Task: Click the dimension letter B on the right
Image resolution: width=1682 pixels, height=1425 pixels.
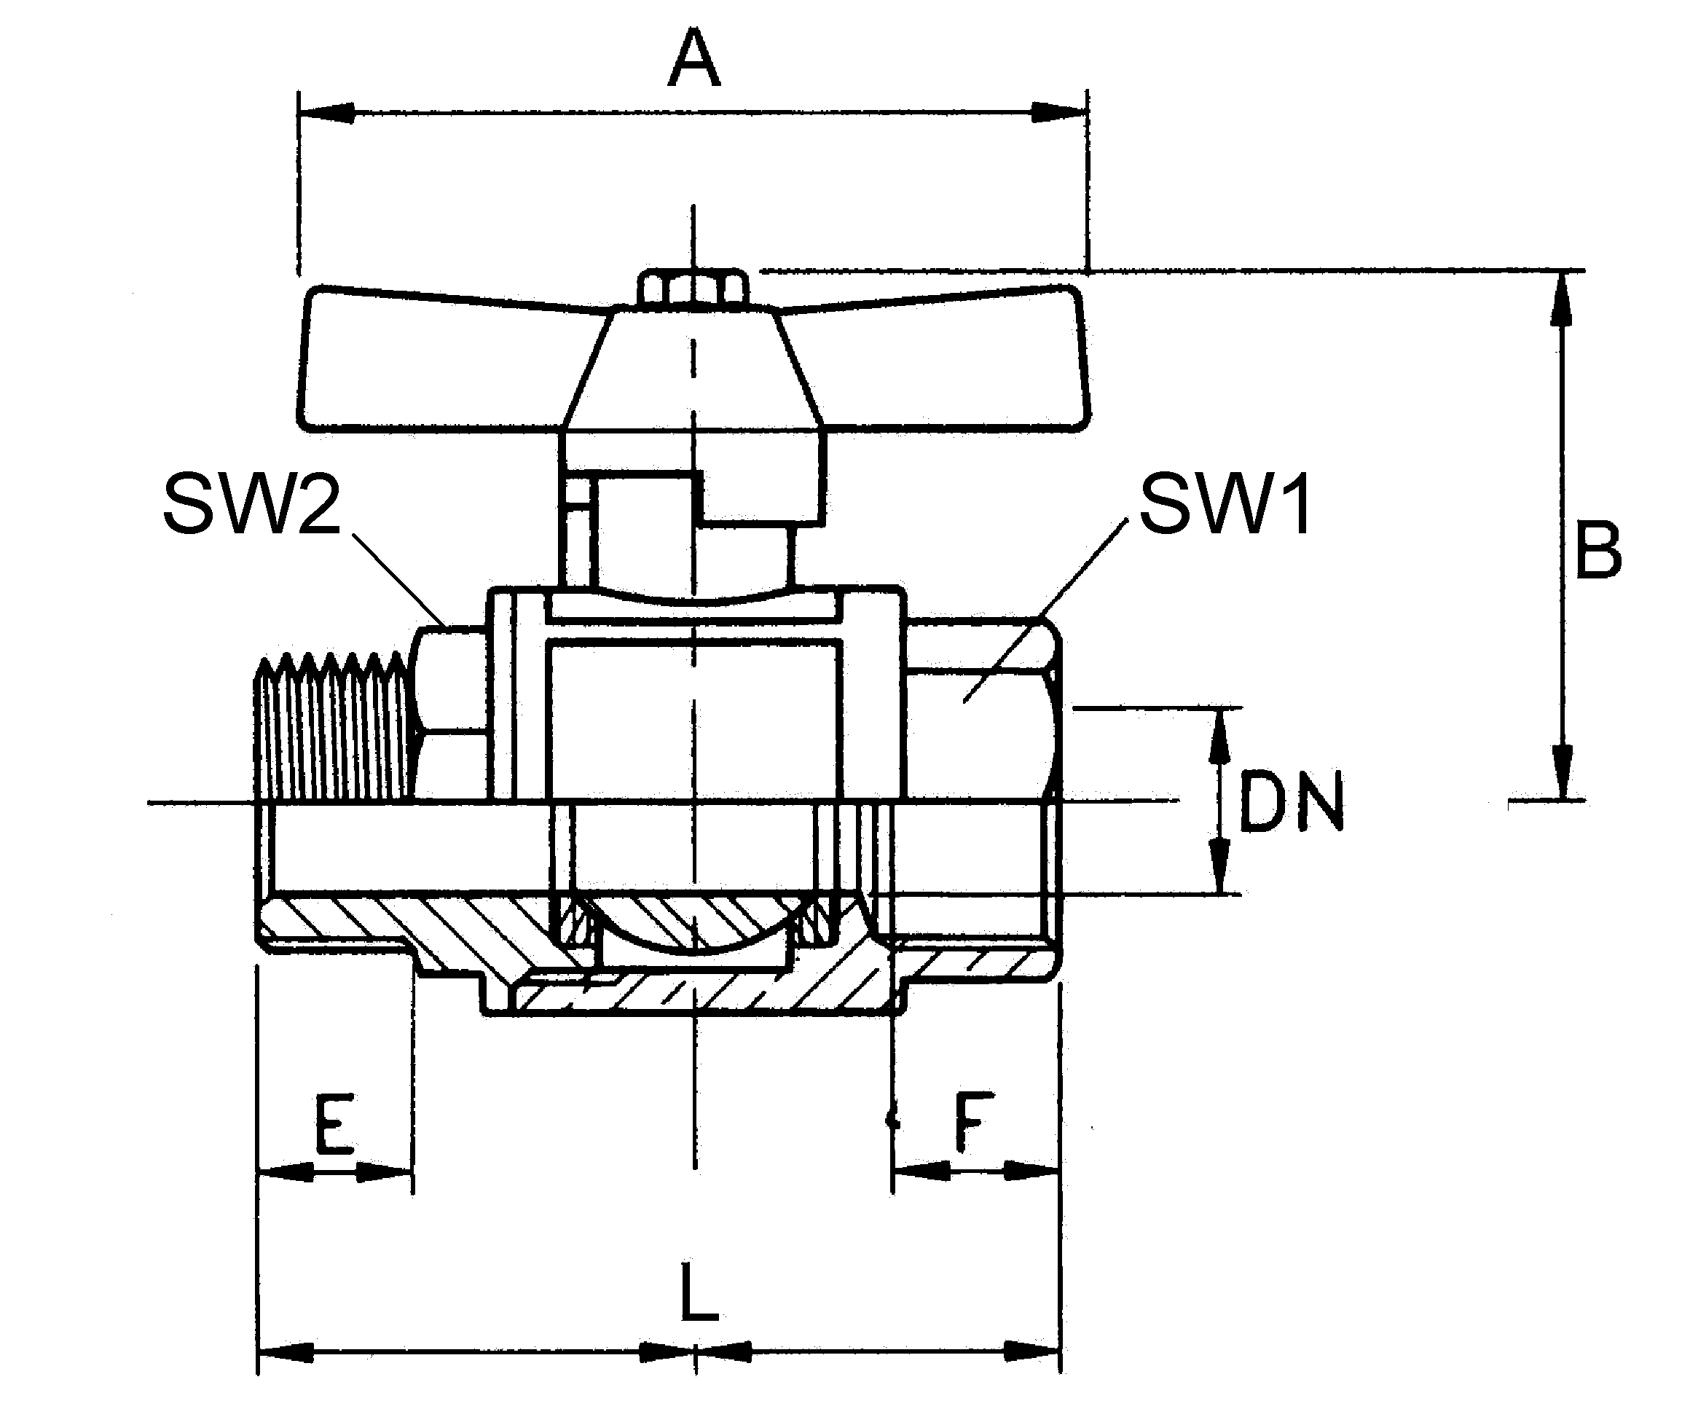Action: pyautogui.click(x=1597, y=551)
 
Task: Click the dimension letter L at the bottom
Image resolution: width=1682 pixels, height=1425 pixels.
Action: pyautogui.click(x=698, y=1292)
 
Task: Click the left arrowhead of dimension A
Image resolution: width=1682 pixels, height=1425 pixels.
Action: pyautogui.click(x=326, y=113)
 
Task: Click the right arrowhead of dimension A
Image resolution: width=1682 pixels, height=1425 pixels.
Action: pyautogui.click(x=1060, y=113)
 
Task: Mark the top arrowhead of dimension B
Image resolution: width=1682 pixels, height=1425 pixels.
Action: pyautogui.click(x=1563, y=299)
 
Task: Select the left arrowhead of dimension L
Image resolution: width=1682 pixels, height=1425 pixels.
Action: pyautogui.click(x=284, y=1351)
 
